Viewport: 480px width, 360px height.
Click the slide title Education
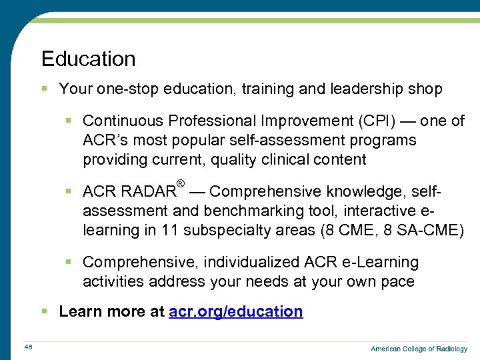(x=88, y=59)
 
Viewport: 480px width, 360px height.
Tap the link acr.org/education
(x=237, y=311)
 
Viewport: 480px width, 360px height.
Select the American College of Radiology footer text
(x=419, y=349)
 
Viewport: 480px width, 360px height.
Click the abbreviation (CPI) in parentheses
(x=378, y=121)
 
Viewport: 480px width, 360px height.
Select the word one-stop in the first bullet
(x=122, y=89)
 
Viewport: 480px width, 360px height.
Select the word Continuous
(x=123, y=121)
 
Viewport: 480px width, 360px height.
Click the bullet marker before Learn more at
(x=45, y=311)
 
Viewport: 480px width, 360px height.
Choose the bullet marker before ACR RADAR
(x=69, y=192)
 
